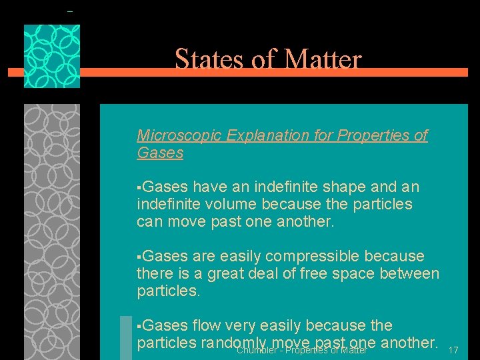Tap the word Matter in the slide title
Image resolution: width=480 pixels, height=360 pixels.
tap(323, 60)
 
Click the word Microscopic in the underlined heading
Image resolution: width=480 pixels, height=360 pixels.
tap(179, 135)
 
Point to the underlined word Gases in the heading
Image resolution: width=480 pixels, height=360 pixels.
tap(160, 153)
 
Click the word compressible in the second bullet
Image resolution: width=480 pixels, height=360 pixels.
tap(319, 256)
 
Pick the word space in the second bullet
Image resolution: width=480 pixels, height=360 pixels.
tap(335, 273)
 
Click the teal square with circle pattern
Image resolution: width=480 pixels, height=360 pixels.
tap(52, 56)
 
